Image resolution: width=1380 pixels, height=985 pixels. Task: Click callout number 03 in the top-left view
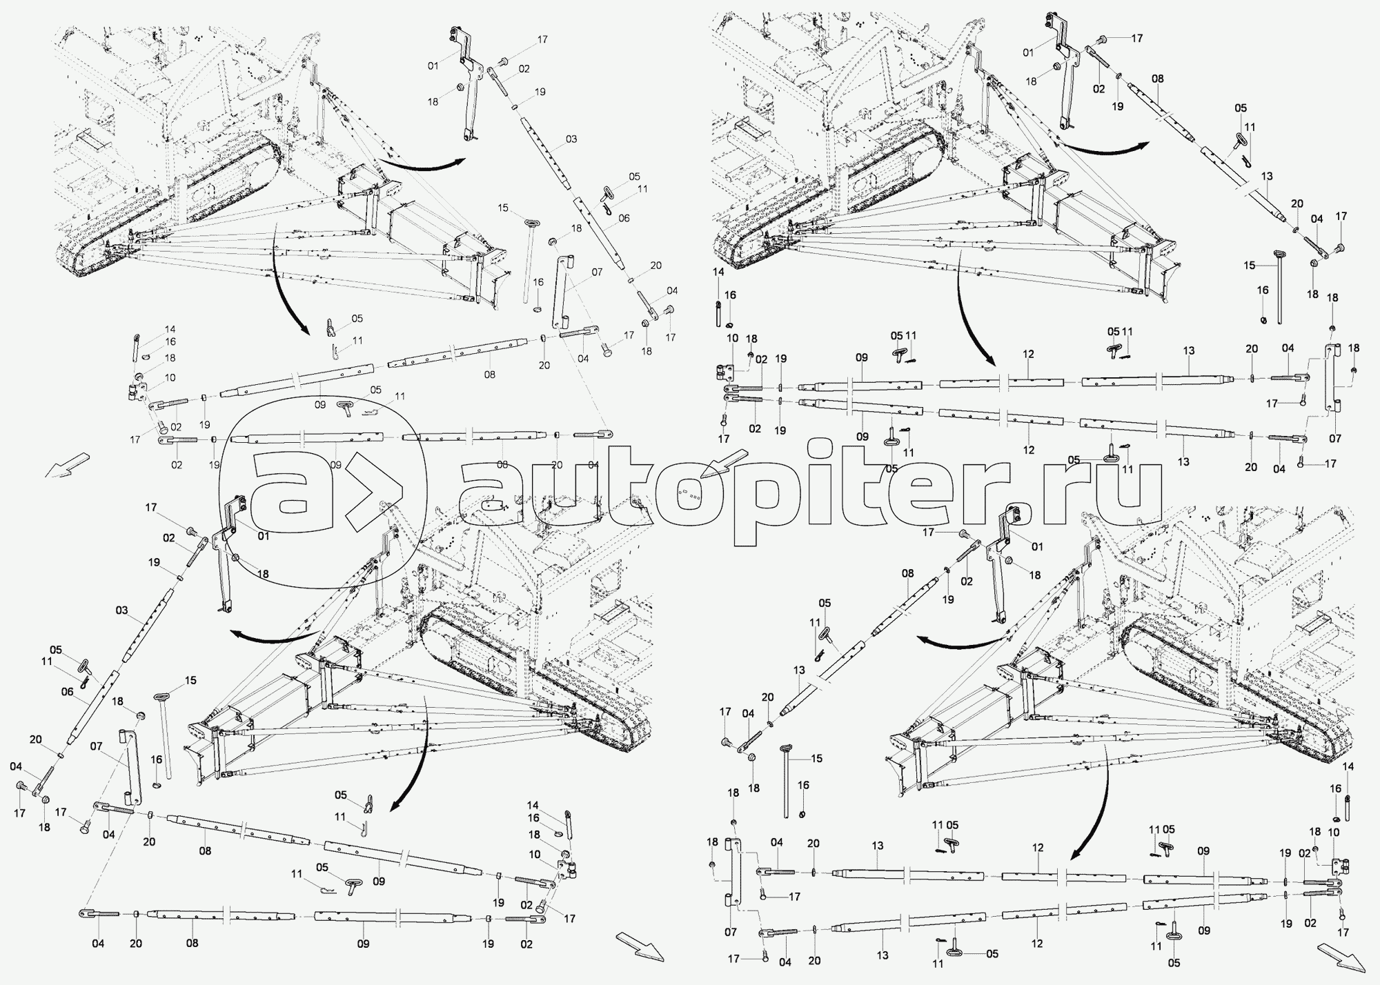coord(571,139)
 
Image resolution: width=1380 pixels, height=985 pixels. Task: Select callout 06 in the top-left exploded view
coord(624,218)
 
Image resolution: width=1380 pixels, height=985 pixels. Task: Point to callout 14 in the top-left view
coord(170,330)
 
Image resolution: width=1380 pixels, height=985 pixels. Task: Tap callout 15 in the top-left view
coord(502,208)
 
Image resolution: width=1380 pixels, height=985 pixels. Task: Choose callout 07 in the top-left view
coord(596,272)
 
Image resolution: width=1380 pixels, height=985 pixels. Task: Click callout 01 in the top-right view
coord(1027,52)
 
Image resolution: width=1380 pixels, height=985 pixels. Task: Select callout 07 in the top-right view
coord(1335,439)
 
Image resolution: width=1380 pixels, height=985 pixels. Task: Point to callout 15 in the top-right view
coord(1249,264)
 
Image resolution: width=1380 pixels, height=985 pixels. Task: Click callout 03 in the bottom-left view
coord(121,610)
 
